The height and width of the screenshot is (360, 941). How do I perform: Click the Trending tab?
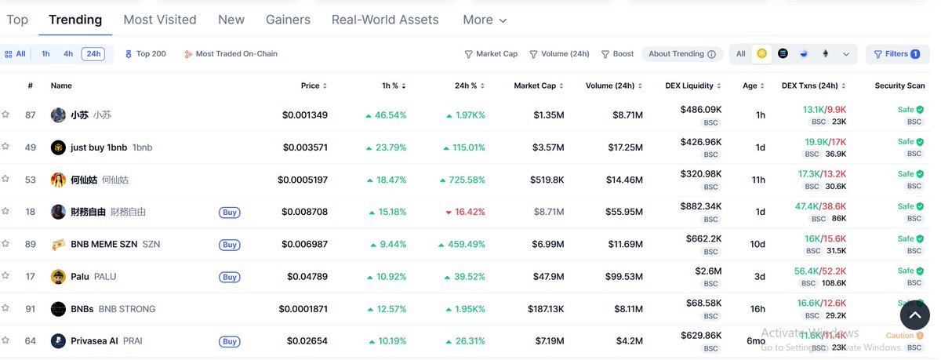[x=75, y=20]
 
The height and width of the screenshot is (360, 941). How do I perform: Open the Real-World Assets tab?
[x=385, y=20]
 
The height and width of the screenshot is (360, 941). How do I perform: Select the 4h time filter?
[x=68, y=54]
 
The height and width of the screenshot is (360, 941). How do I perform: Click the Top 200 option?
[x=146, y=54]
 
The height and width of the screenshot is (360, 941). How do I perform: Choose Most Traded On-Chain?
[x=231, y=54]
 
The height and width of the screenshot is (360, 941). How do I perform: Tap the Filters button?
[x=897, y=54]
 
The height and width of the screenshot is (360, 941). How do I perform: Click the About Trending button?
[x=681, y=54]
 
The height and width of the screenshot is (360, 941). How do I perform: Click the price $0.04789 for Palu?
[x=307, y=277]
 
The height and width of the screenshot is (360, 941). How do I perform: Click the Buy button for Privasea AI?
[x=229, y=341]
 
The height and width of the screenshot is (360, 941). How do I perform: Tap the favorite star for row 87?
[x=5, y=115]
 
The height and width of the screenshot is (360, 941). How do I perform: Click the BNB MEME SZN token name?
[x=104, y=245]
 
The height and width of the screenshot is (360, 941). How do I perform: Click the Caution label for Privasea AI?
[x=900, y=336]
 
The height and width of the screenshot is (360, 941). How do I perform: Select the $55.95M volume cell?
[x=623, y=212]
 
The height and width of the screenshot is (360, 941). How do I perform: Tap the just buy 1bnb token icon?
[x=58, y=147]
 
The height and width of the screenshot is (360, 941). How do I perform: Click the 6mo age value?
[x=756, y=341]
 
